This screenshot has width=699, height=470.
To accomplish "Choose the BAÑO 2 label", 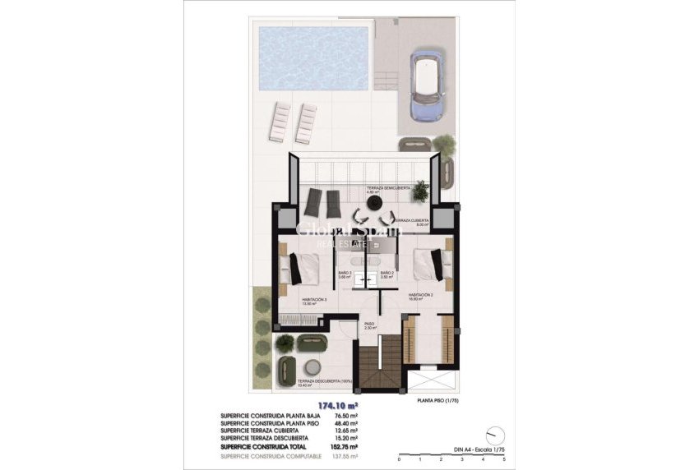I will point(388,274).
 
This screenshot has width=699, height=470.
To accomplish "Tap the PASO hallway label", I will point(369,325).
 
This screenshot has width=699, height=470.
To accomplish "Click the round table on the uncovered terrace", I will point(312,367).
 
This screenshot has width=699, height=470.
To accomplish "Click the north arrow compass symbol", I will point(493,433).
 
